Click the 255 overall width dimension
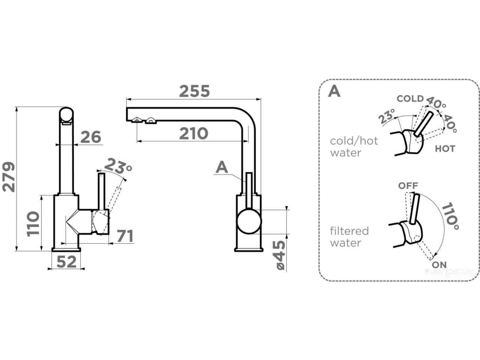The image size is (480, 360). (x=194, y=91)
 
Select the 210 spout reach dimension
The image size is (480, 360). (x=193, y=133)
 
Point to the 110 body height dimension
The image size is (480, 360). (x=33, y=223)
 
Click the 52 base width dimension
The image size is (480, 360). (x=67, y=261)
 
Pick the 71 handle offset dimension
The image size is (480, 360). (x=125, y=236)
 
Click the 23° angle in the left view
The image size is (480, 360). (x=118, y=165)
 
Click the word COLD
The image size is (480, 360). (x=410, y=99)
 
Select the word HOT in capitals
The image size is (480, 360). (x=445, y=149)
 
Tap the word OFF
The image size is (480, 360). (x=408, y=186)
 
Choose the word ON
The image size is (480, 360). (x=439, y=265)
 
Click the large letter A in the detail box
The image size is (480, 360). (x=334, y=91)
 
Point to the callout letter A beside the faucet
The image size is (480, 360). (x=222, y=168)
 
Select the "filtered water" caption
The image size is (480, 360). (x=349, y=237)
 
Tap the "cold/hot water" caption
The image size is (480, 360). (x=354, y=147)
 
